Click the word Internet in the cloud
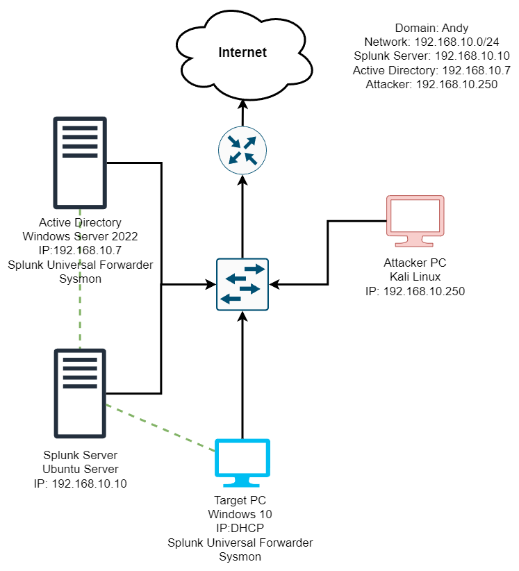pyautogui.click(x=242, y=53)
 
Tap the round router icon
pyautogui.click(x=242, y=150)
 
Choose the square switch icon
pyautogui.click(x=242, y=284)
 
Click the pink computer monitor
pyautogui.click(x=415, y=217)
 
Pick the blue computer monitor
pyautogui.click(x=242, y=458)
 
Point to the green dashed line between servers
pyautogui.click(x=80, y=278)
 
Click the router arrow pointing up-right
pyautogui.click(x=250, y=142)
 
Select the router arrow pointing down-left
pyautogui.click(x=235, y=158)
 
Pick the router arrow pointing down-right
pyautogui.click(x=234, y=142)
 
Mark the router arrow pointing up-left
pyautogui.click(x=250, y=158)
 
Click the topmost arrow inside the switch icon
pyautogui.click(x=254, y=269)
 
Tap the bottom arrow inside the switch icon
pyautogui.click(x=231, y=299)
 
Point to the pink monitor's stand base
pyautogui.click(x=414, y=244)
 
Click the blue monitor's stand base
pyautogui.click(x=241, y=484)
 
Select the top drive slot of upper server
pyautogui.click(x=80, y=129)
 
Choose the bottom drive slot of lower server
pyautogui.click(x=80, y=386)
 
